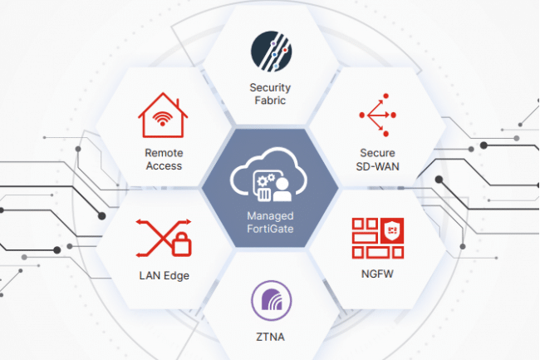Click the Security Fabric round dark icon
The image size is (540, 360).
click(272, 52)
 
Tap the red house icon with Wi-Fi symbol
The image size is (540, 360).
click(163, 116)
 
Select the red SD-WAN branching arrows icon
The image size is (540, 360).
click(378, 115)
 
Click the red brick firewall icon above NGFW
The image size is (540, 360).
click(378, 238)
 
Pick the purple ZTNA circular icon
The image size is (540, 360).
click(272, 301)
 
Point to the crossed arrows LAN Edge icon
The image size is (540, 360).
click(164, 238)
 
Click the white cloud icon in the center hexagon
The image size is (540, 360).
click(268, 175)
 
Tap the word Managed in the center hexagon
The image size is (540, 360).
click(270, 216)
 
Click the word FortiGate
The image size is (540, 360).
click(270, 229)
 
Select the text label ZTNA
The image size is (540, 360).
click(270, 337)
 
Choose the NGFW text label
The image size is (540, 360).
click(377, 274)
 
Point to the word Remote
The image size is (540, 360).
click(164, 153)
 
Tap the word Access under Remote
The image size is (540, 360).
click(164, 166)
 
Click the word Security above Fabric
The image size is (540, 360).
click(270, 88)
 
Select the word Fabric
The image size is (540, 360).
click(270, 101)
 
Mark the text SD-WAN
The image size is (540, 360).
click(378, 167)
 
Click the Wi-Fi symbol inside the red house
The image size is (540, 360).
click(163, 119)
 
